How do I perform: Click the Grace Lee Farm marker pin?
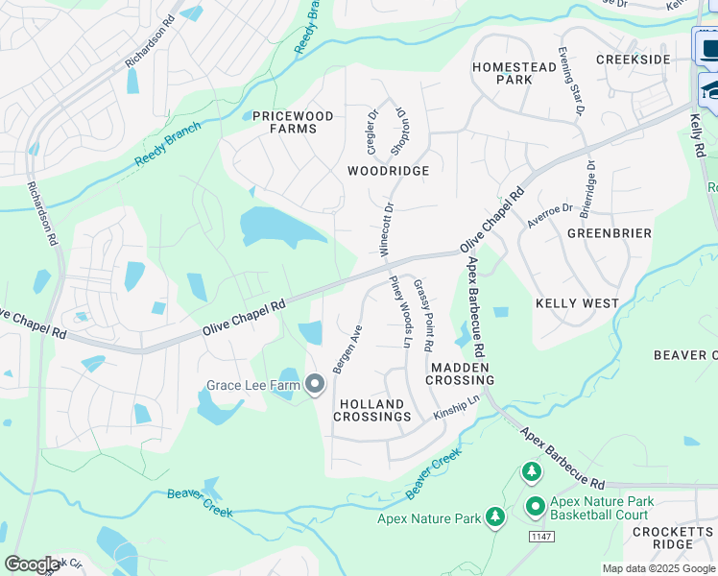(315, 386)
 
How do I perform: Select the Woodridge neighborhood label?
(388, 170)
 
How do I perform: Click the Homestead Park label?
(515, 74)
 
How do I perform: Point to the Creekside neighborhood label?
(633, 60)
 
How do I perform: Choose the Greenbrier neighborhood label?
(609, 233)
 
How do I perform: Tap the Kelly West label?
(576, 303)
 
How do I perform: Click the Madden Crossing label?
(462, 373)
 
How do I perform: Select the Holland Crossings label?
(372, 411)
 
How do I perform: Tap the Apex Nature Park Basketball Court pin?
(534, 505)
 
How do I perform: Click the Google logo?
(32, 564)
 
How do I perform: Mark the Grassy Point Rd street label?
(423, 316)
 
